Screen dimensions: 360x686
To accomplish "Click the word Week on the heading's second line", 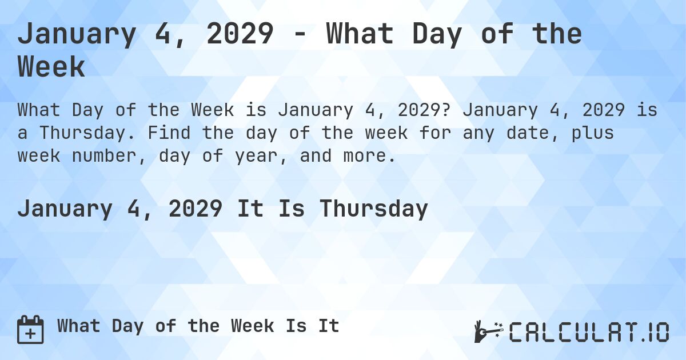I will click(x=51, y=67).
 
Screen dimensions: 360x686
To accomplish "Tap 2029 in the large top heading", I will click(x=240, y=34).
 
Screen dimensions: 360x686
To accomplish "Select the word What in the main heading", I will click(x=358, y=34).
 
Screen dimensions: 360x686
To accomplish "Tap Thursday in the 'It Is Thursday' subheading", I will click(x=373, y=209).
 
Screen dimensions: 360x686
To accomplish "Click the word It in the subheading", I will click(x=250, y=209).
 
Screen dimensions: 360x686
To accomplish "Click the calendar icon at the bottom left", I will click(x=30, y=329).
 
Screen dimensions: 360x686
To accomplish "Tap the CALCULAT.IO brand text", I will click(x=589, y=331).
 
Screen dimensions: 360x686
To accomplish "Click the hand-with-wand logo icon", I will click(x=488, y=331).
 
